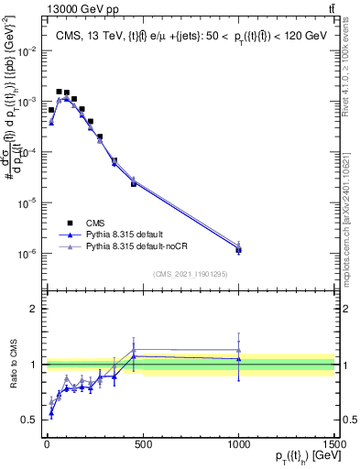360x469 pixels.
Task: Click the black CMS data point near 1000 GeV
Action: (239, 249)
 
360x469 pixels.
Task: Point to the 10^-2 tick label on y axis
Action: (27, 51)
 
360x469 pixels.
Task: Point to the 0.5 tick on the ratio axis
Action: (29, 420)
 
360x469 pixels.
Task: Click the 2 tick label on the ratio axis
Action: (34, 309)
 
